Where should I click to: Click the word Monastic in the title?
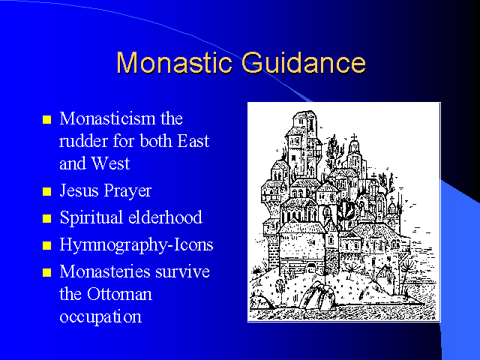(174, 63)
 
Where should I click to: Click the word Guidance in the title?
(303, 63)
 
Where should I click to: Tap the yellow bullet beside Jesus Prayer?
(46, 192)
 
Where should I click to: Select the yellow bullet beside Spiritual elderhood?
(46, 218)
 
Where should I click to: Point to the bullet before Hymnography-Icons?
(46, 245)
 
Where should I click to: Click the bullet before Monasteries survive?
(46, 272)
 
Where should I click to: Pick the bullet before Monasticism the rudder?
(46, 119)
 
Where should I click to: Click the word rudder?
(83, 141)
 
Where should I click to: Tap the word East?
(193, 141)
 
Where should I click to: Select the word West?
(110, 163)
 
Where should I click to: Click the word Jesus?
(79, 190)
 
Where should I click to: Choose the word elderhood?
(165, 217)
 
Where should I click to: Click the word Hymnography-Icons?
(136, 245)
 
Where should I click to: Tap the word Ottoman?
(119, 294)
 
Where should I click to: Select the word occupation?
(100, 317)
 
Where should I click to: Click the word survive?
(182, 272)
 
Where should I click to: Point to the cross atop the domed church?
(354, 137)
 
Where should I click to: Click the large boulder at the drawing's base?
(316, 295)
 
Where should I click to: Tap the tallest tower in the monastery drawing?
(302, 144)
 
